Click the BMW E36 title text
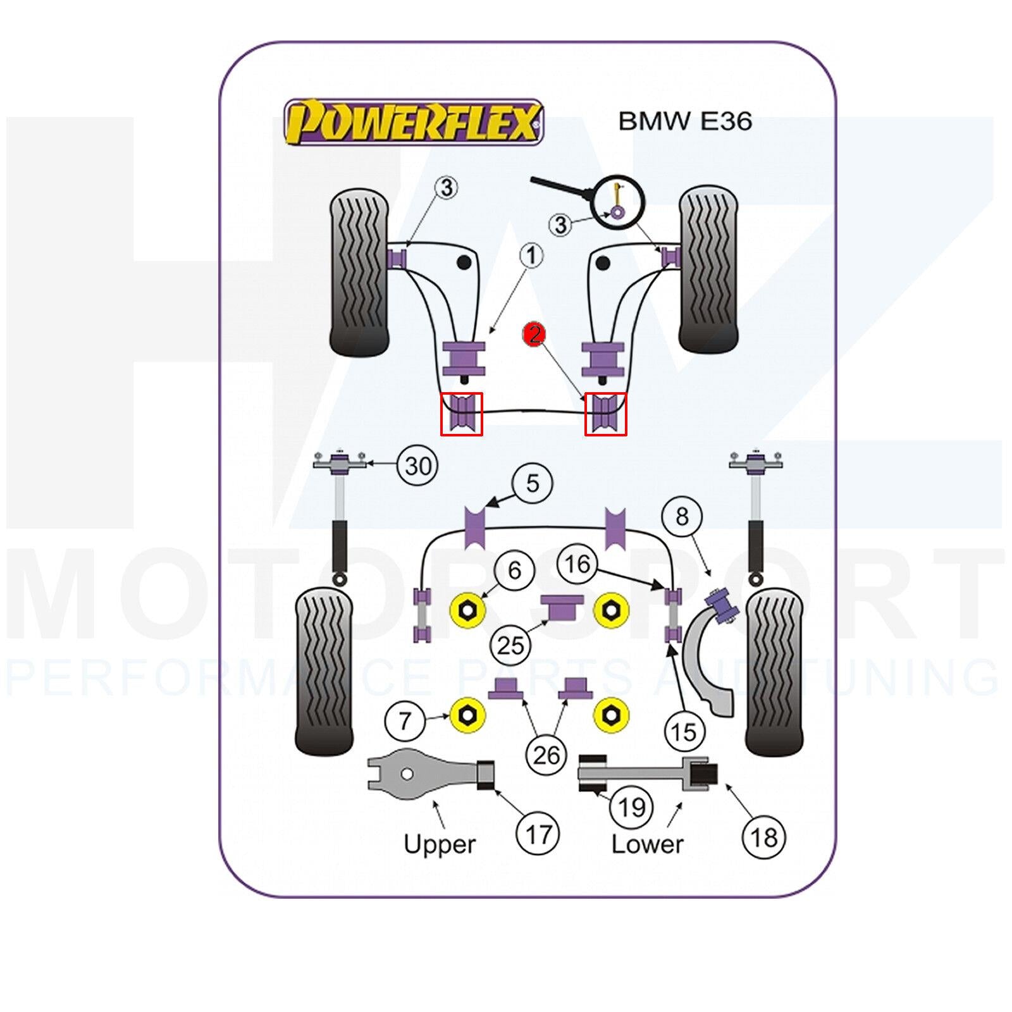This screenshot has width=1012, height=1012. coord(685,120)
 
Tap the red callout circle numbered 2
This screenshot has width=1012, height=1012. coord(534,333)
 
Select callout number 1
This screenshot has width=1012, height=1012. coord(531,256)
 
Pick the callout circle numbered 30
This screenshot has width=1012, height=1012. coord(418,466)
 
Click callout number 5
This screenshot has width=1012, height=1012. coord(533,484)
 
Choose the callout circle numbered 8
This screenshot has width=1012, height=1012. coord(681,517)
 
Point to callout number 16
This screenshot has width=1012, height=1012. coord(577,564)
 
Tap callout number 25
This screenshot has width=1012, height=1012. coord(511,645)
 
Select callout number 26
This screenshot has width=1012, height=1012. coord(546,755)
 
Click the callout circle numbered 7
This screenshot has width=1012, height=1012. coord(405,720)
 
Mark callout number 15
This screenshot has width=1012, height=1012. coord(682,732)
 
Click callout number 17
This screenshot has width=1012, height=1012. coord(538,834)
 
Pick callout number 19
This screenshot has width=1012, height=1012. coord(631,807)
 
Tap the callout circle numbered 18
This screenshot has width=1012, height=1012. coord(763,837)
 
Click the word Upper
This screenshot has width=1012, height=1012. coord(439,844)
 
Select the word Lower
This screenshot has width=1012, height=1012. coord(647,844)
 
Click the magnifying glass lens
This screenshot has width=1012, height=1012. coord(618,201)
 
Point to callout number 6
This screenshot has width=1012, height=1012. coord(514,571)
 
